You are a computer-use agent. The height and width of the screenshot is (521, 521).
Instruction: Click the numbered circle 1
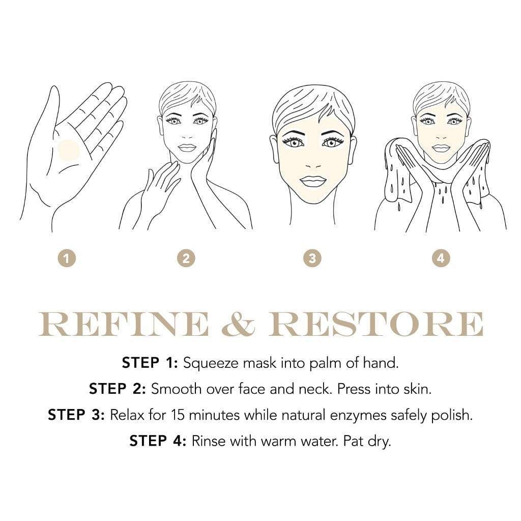(x=67, y=258)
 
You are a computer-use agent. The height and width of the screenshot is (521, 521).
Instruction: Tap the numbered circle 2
(x=186, y=258)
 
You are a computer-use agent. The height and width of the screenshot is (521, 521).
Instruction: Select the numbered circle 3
(x=312, y=258)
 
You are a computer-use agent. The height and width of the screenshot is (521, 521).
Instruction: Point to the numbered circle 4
(x=441, y=258)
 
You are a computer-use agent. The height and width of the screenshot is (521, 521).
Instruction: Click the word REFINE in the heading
(x=124, y=324)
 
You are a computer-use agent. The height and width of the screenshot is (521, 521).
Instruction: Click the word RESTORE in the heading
(x=375, y=324)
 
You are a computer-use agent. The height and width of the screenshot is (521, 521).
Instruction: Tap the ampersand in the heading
(x=238, y=324)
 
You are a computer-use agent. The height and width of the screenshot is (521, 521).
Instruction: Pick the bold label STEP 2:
(x=118, y=389)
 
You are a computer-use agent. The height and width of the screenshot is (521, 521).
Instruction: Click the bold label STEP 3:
(x=76, y=415)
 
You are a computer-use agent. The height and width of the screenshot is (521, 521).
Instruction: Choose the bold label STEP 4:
(x=158, y=441)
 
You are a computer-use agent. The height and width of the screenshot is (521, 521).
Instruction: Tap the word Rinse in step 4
(x=209, y=441)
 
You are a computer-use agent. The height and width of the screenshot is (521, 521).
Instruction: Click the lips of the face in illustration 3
(x=312, y=181)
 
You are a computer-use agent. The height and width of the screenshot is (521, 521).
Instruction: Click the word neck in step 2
(x=293, y=389)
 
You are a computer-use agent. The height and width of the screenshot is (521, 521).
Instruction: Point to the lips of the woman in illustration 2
(x=187, y=148)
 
